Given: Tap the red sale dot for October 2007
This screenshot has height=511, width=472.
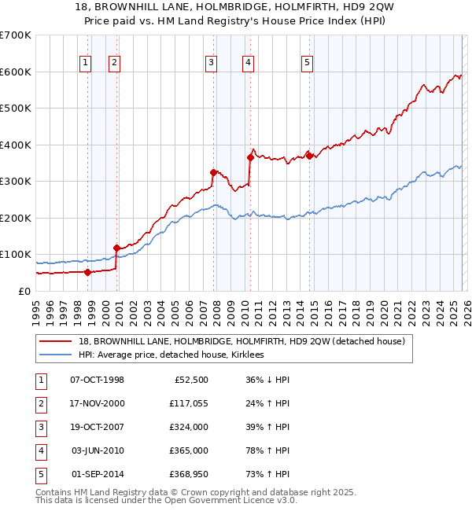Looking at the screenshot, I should pos(213,172).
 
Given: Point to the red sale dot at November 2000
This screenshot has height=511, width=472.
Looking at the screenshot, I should pos(116,248).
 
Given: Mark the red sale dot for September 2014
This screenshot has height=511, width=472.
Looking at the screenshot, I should pos(309,156).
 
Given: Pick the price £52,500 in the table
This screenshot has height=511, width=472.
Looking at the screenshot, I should pos(188,380).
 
